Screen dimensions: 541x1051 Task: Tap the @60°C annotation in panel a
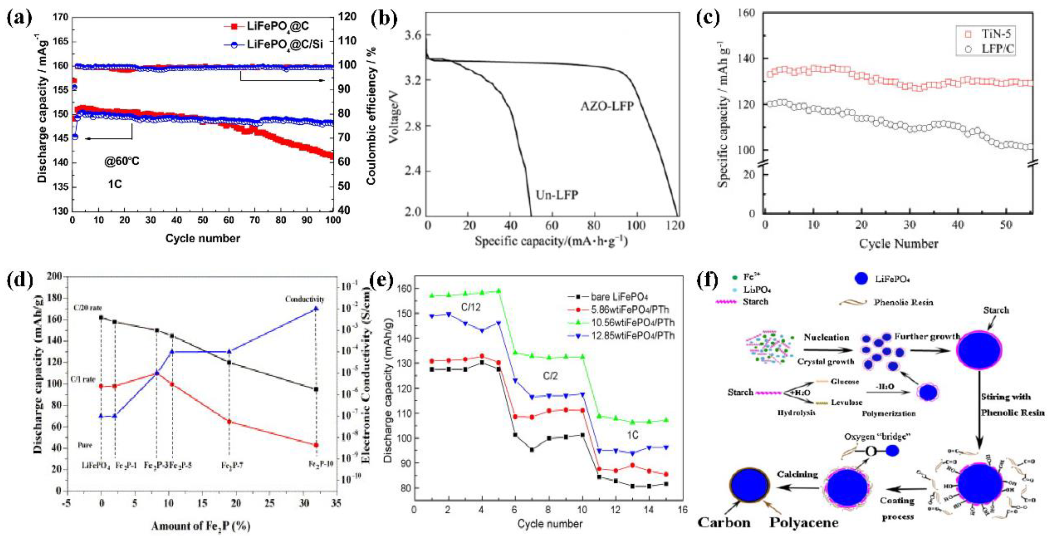tap(121, 162)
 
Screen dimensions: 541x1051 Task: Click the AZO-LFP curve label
tap(607, 107)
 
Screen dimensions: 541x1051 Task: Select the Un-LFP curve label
tap(557, 195)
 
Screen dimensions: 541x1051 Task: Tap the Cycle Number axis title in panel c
tap(898, 244)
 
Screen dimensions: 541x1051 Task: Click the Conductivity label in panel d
tap(304, 299)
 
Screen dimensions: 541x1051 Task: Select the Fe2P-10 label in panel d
tap(321, 464)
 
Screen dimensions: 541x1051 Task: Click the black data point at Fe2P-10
tap(316, 389)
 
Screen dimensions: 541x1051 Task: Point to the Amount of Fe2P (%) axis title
tap(200, 526)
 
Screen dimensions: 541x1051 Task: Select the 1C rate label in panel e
tap(632, 435)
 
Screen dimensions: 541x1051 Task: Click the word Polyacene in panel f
tap(803, 523)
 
